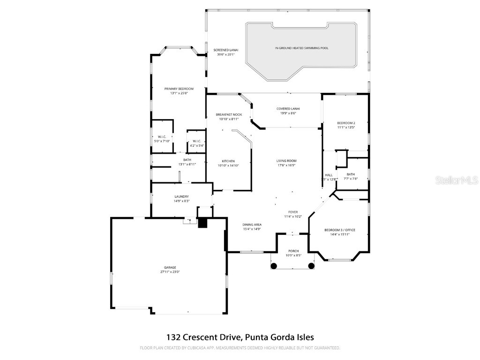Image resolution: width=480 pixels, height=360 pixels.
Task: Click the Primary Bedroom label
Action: click(x=179, y=89)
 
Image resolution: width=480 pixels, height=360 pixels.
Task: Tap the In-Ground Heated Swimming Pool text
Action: click(x=301, y=48)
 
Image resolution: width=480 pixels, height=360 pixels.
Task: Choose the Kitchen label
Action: click(x=228, y=161)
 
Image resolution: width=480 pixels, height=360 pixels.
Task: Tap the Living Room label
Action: click(x=286, y=161)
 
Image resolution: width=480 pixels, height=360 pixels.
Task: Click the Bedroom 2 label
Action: click(x=346, y=123)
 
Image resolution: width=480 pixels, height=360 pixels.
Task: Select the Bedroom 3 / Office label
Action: click(x=340, y=230)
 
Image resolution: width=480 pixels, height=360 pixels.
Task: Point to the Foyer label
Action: click(x=293, y=212)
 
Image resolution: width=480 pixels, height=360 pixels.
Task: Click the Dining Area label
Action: click(x=252, y=225)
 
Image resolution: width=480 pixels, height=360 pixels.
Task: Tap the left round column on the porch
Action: click(x=274, y=266)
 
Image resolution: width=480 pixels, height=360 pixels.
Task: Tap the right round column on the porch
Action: click(x=311, y=266)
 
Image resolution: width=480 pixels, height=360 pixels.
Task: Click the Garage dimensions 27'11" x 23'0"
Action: click(x=170, y=271)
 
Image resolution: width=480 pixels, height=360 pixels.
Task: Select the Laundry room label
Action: click(x=181, y=196)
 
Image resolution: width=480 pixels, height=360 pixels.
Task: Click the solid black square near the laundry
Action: click(x=202, y=223)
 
